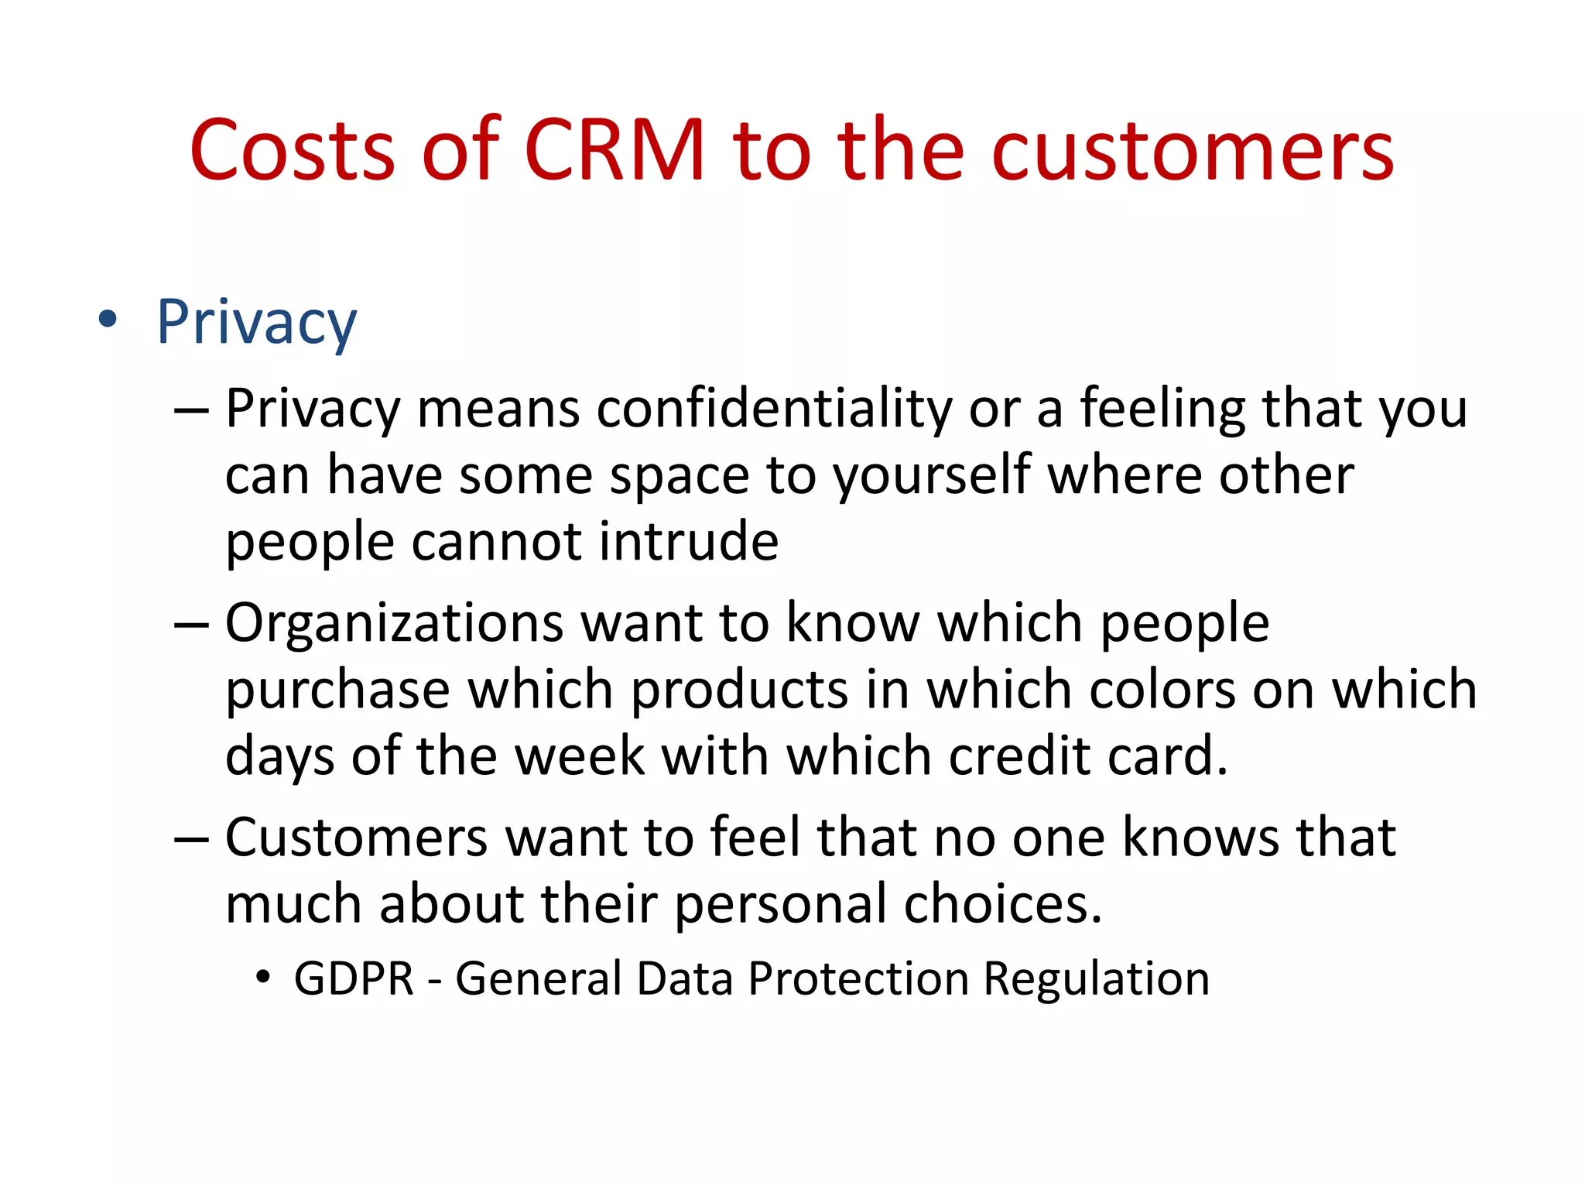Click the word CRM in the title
pyautogui.click(x=614, y=151)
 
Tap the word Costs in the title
pyautogui.click(x=293, y=151)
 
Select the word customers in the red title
pyautogui.click(x=1193, y=151)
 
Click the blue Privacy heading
pyautogui.click(x=256, y=322)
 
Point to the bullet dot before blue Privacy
pyautogui.click(x=108, y=319)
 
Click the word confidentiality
pyautogui.click(x=774, y=408)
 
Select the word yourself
pyautogui.click(x=932, y=475)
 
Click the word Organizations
pyautogui.click(x=394, y=623)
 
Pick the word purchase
pyautogui.click(x=337, y=689)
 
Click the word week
pyautogui.click(x=580, y=756)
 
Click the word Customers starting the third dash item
pyautogui.click(x=356, y=838)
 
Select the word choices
pyautogui.click(x=1002, y=904)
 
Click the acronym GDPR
pyautogui.click(x=354, y=978)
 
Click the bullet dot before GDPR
pyautogui.click(x=264, y=977)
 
